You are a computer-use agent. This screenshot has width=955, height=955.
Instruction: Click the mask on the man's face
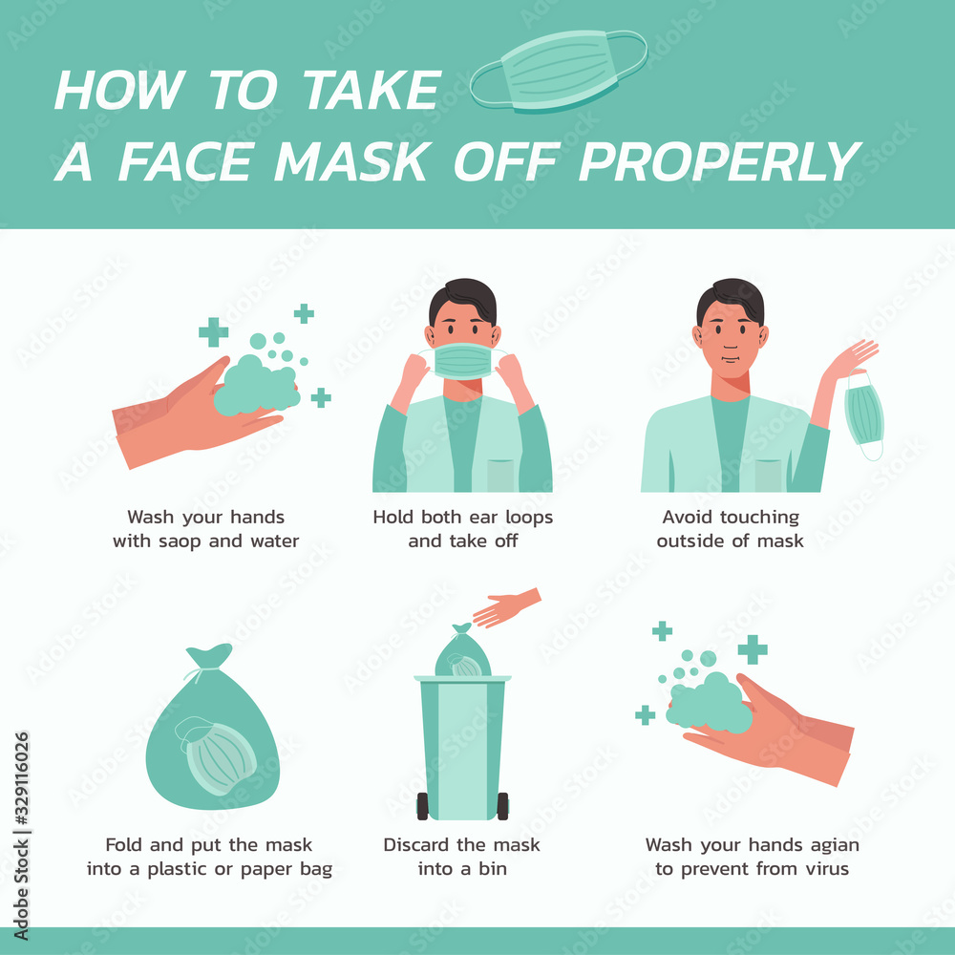point(462,361)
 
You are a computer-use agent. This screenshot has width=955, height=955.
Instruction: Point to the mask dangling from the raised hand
point(864,414)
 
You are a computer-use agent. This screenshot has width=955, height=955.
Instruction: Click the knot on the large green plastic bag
point(209,657)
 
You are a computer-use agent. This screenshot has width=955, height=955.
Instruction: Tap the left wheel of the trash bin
point(422,806)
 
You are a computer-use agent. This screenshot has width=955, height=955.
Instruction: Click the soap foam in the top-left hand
point(254,386)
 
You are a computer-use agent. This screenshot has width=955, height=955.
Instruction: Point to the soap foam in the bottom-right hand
point(709,704)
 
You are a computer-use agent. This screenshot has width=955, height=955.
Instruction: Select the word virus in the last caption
point(824,869)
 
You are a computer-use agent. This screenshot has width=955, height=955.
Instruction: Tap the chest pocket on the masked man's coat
point(499,475)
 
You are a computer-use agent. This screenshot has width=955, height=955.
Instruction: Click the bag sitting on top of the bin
point(462,654)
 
